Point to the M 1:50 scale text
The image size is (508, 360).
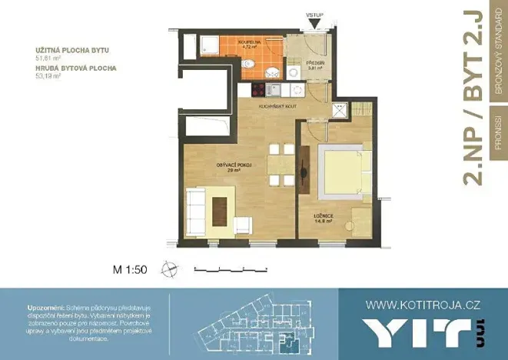(129, 268)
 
